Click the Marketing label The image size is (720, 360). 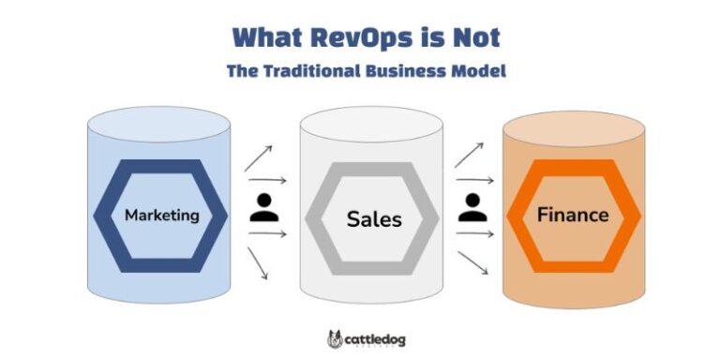pos(162,215)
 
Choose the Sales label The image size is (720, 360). pos(373,219)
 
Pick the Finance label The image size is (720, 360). pos(572,215)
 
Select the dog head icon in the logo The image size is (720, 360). pos(336,338)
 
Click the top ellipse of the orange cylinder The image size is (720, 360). pos(574,129)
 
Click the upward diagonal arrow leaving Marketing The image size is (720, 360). pos(258,158)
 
